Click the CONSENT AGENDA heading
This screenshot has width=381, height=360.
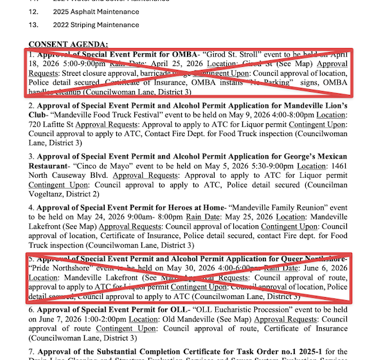(x=68, y=44)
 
